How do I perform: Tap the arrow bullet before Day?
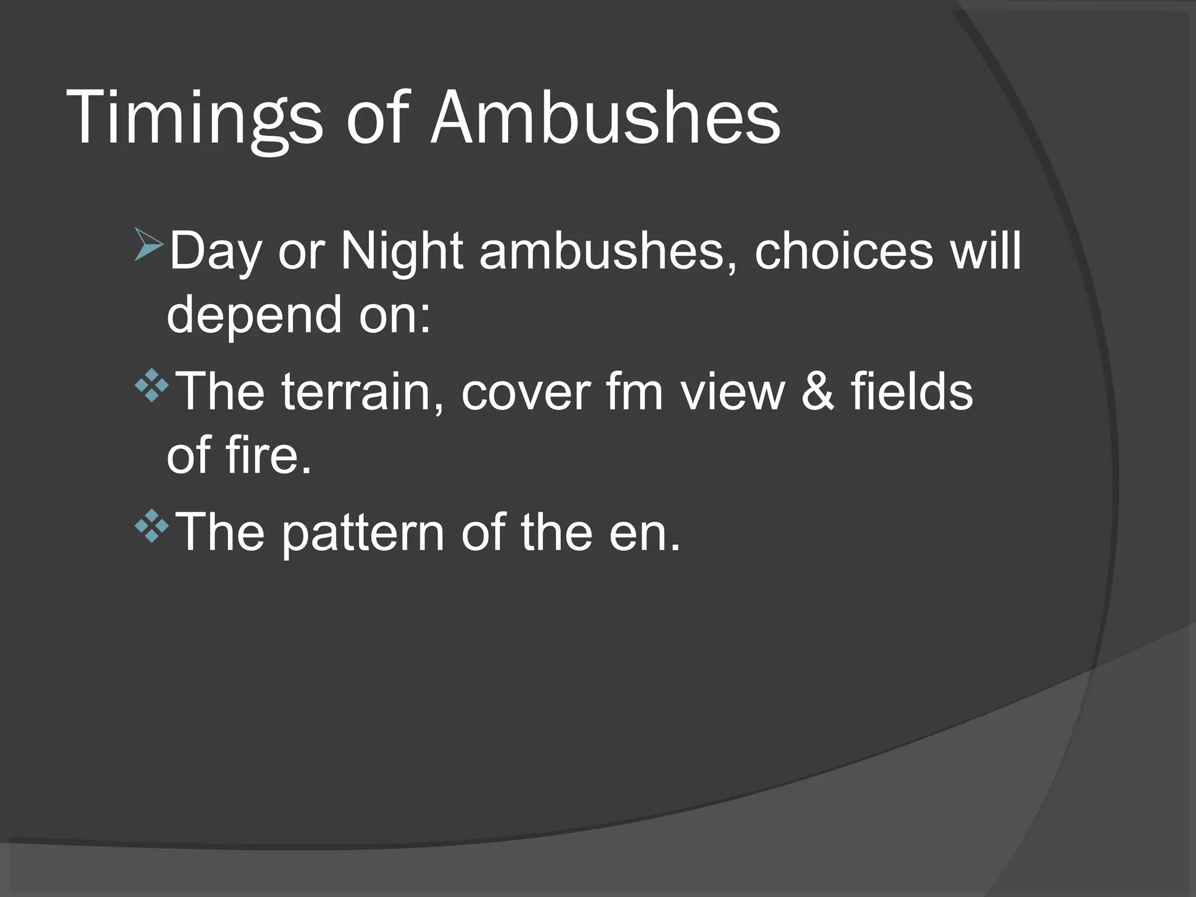click(x=149, y=245)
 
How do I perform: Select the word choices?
click(x=844, y=251)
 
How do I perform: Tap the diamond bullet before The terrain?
click(x=151, y=385)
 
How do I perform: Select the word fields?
click(x=912, y=392)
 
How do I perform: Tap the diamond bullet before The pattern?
click(x=151, y=526)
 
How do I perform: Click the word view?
click(x=733, y=392)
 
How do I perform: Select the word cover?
click(x=526, y=392)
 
